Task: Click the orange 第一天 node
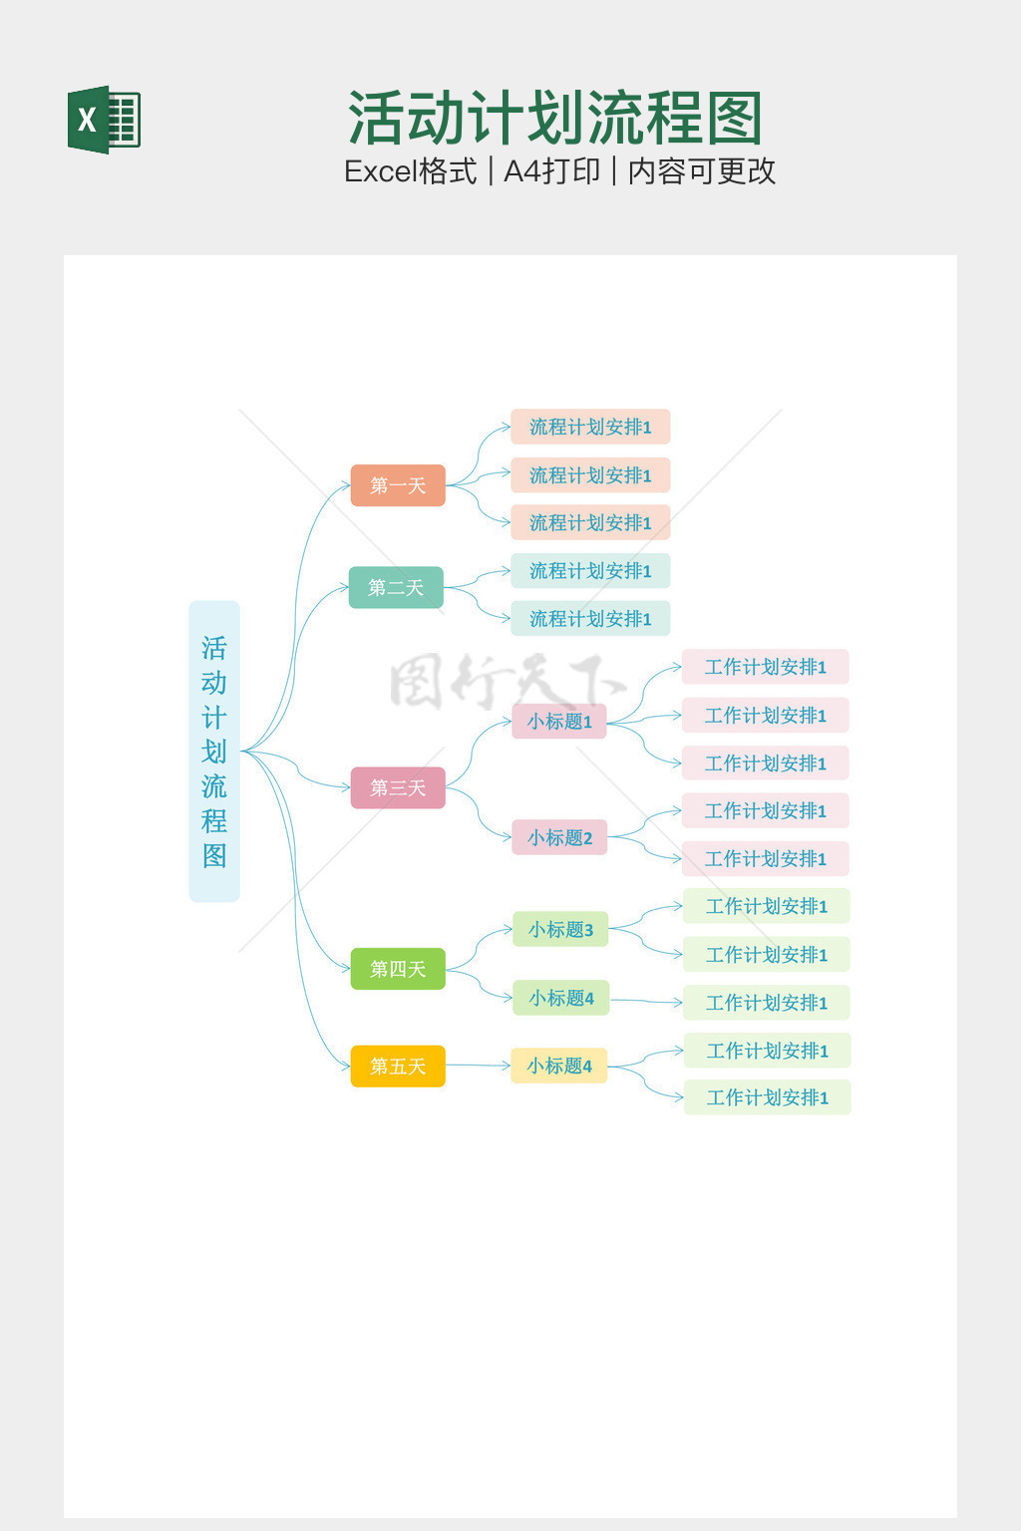pyautogui.click(x=398, y=485)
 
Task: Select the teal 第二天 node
pyautogui.click(x=396, y=587)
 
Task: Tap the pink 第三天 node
pyautogui.click(x=398, y=787)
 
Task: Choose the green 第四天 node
pyautogui.click(x=398, y=969)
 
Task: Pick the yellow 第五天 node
pyautogui.click(x=398, y=1066)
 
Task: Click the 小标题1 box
pyautogui.click(x=559, y=721)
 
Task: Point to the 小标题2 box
pyautogui.click(x=559, y=837)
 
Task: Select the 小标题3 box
pyautogui.click(x=560, y=929)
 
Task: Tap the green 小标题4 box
pyautogui.click(x=560, y=998)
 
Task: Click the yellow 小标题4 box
pyautogui.click(x=558, y=1066)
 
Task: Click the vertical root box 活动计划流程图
pyautogui.click(x=214, y=751)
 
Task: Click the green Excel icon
pyautogui.click(x=104, y=120)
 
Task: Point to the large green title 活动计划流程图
pyautogui.click(x=555, y=118)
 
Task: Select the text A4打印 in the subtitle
pyautogui.click(x=551, y=171)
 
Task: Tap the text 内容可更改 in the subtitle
pyautogui.click(x=701, y=171)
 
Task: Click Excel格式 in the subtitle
pyautogui.click(x=410, y=171)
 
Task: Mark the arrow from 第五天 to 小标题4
pyautogui.click(x=479, y=1066)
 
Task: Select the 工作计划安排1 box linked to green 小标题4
pyautogui.click(x=766, y=1003)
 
